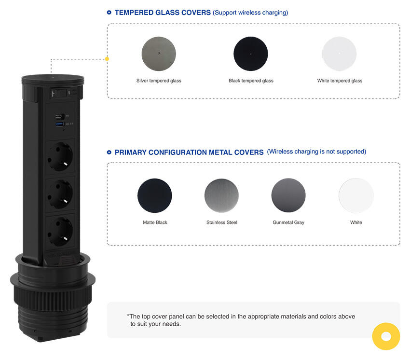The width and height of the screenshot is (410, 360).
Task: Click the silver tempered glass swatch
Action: [x=159, y=54]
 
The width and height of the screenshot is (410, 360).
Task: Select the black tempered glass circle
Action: [x=250, y=54]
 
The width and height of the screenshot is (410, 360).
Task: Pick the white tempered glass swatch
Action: [x=340, y=54]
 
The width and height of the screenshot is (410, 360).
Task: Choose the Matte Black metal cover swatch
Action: [x=155, y=195]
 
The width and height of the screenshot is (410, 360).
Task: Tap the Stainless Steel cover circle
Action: [x=221, y=195]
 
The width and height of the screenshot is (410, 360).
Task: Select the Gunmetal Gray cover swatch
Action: [x=288, y=195]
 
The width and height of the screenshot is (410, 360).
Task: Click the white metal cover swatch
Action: [x=356, y=195]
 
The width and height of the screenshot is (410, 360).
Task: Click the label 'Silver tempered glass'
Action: [x=159, y=81]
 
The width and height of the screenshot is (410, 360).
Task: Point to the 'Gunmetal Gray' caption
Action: [x=288, y=222]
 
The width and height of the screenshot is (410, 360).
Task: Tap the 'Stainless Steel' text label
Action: [x=221, y=222]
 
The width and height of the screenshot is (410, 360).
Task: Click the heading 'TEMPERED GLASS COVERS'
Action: [x=163, y=13]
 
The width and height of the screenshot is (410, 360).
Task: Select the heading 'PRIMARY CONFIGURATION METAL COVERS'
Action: [x=189, y=152]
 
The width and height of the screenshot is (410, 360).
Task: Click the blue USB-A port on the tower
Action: [x=59, y=125]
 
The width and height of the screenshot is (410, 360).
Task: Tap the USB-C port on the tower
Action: [x=59, y=116]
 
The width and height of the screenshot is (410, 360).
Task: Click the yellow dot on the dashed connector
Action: [x=107, y=59]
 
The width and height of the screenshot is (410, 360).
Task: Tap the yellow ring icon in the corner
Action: [x=386, y=336]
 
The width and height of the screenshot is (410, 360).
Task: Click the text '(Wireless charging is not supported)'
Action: [x=316, y=152]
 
